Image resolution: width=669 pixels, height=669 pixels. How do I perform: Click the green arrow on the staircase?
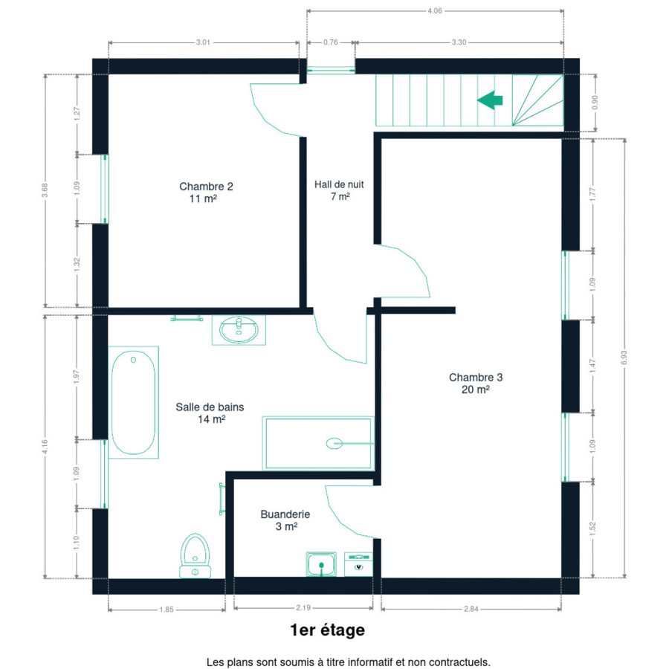coord(490,100)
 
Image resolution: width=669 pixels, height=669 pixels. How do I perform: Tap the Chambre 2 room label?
coord(206,193)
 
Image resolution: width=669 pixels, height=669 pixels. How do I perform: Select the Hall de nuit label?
coord(339,190)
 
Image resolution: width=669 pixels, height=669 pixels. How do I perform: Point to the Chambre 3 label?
coord(476,383)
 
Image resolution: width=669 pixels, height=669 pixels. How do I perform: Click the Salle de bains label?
coord(210,413)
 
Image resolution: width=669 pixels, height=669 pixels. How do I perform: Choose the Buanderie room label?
coord(285,520)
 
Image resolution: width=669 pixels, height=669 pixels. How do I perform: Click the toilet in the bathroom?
coord(195,556)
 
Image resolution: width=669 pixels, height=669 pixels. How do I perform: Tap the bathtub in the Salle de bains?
coord(133,402)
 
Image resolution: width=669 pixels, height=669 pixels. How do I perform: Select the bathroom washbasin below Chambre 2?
coord(239,330)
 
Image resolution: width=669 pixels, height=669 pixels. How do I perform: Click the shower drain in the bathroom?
coord(334,444)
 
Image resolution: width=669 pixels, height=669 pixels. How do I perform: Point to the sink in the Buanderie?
coord(321,564)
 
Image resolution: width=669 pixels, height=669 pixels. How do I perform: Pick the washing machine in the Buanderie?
coord(358,564)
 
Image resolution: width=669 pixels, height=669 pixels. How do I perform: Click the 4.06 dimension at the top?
coord(435,11)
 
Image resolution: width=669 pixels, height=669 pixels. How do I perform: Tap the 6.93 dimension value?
coord(624,358)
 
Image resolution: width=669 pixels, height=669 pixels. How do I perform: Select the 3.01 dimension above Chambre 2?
coord(203,42)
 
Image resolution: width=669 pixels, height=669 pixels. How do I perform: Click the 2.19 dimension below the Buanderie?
coord(303,607)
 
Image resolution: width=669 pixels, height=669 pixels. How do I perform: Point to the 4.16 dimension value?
coord(45,447)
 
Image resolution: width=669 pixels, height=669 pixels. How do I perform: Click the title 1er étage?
coord(327,630)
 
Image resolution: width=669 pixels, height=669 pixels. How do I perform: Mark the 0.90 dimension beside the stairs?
coord(595,103)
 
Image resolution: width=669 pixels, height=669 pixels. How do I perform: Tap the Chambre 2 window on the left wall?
coord(105,189)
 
